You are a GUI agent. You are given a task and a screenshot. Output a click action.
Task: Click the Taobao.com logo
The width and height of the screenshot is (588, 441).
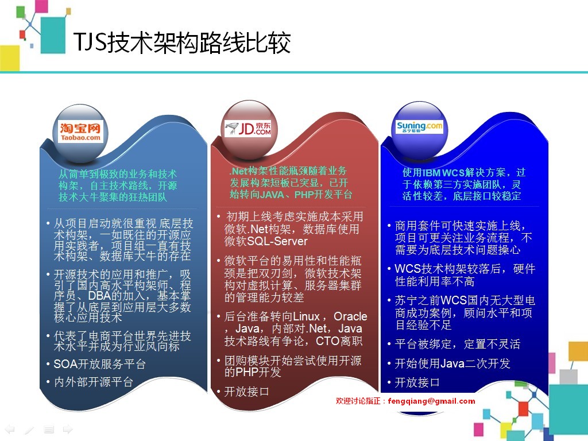click(x=80, y=133)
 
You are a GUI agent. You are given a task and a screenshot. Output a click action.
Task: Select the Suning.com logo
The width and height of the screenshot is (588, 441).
click(x=419, y=127)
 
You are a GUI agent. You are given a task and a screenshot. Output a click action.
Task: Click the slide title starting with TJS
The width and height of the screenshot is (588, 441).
click(x=182, y=42)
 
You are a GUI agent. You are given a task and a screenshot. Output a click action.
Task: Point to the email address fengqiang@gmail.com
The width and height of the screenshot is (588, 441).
click(x=431, y=401)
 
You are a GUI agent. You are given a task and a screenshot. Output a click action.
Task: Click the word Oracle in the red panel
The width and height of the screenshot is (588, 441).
click(x=350, y=316)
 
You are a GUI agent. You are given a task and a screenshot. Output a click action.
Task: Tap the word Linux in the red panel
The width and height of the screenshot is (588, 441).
click(x=306, y=316)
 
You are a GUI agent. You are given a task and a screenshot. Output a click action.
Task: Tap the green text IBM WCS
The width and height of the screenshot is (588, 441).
click(x=443, y=172)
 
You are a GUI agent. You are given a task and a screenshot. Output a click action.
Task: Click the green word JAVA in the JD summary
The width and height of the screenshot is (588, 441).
click(x=272, y=195)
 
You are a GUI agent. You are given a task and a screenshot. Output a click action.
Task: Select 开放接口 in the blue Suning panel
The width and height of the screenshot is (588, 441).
click(x=417, y=382)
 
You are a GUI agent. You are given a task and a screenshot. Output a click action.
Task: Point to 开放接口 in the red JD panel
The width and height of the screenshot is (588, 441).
click(x=246, y=392)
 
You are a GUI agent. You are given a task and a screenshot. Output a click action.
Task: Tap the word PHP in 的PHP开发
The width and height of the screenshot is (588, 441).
click(x=247, y=372)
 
